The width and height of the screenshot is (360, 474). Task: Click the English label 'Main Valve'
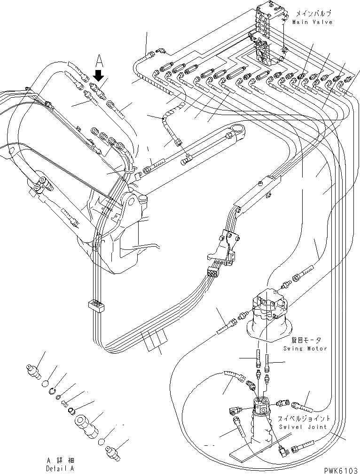[x=312, y=22]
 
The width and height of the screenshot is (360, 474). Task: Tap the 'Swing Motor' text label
[x=305, y=349]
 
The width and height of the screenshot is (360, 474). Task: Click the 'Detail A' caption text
[x=60, y=468]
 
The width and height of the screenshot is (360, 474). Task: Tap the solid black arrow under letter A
[x=98, y=74]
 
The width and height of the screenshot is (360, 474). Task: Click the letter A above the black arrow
[x=99, y=60]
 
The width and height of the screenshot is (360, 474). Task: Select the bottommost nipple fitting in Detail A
[x=113, y=452]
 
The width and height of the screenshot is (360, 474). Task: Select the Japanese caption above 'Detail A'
[x=60, y=460]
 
